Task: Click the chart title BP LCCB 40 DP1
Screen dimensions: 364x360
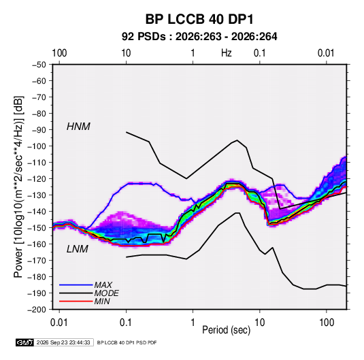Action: tap(199, 19)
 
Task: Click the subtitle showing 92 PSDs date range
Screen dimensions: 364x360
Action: tap(199, 37)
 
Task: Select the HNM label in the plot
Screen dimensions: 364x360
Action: tap(78, 127)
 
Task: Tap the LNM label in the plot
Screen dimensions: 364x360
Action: tap(78, 249)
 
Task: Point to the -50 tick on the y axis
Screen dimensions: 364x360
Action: tap(39, 65)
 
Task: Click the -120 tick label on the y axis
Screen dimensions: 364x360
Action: tap(37, 179)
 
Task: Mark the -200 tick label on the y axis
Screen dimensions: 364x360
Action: tap(37, 310)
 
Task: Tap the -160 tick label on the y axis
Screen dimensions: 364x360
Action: tap(37, 244)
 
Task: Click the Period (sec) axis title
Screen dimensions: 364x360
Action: tap(226, 329)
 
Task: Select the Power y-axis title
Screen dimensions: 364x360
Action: tap(18, 187)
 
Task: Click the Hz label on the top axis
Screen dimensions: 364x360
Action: tap(227, 53)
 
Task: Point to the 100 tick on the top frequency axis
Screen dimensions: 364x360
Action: tap(59, 53)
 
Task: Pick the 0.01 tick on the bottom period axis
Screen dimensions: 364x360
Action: tap(59, 323)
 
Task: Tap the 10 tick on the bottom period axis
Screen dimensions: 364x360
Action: tap(259, 323)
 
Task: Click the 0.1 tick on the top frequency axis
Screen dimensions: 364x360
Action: tap(259, 53)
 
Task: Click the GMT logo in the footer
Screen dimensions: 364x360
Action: tap(25, 342)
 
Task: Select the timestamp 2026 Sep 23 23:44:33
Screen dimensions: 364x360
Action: tap(63, 342)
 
